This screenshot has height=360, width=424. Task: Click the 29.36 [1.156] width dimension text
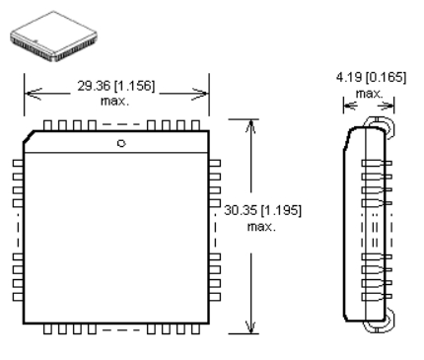[x=115, y=86]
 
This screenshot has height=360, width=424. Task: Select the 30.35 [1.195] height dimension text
[x=262, y=210]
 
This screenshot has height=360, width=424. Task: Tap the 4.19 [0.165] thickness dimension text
[x=371, y=78]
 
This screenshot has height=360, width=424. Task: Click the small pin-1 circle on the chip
[x=121, y=143]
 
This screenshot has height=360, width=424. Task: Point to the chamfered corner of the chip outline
[x=29, y=136]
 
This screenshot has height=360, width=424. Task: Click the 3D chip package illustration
[x=53, y=36]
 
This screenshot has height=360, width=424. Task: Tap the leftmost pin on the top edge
[x=47, y=125]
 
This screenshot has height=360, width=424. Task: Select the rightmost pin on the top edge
[x=195, y=125]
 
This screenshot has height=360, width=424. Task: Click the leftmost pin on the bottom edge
[x=47, y=329]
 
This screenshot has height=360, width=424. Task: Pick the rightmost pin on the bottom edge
[x=195, y=329]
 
